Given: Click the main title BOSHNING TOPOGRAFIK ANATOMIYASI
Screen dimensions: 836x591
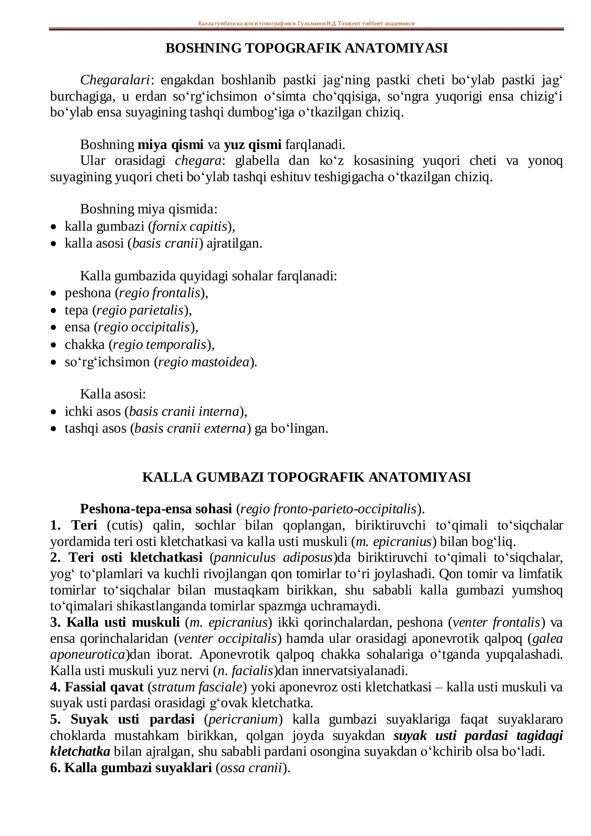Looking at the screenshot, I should tap(306, 48).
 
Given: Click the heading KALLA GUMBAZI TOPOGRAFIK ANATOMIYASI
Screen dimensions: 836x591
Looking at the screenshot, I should tap(306, 477).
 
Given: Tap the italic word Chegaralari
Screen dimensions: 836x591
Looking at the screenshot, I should tap(115, 80).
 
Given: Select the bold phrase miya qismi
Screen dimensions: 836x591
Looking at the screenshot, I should tap(170, 145).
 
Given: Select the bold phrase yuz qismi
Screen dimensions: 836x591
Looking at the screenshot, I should tap(252, 145).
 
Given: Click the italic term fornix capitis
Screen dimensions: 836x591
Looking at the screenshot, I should tap(189, 226).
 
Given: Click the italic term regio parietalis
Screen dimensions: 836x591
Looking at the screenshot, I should tap(140, 310).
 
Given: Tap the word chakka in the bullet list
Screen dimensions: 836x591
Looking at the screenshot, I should tap(85, 344).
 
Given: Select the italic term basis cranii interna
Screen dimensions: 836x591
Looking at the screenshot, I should tap(184, 411).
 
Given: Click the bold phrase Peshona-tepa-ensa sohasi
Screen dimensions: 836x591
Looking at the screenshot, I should tap(156, 509).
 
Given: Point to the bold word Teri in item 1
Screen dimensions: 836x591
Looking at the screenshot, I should tap(84, 525).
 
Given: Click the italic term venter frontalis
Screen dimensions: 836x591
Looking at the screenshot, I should tap(496, 622).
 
